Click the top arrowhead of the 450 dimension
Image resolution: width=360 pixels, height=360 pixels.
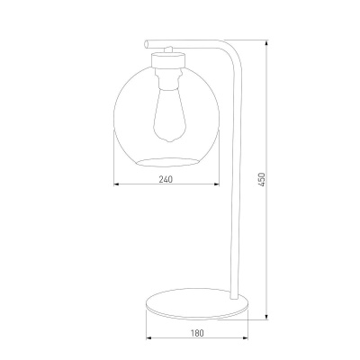[269, 41]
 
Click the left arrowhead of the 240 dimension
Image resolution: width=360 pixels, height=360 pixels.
[116, 185]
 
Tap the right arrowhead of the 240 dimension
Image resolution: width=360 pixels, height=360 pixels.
[218, 185]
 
